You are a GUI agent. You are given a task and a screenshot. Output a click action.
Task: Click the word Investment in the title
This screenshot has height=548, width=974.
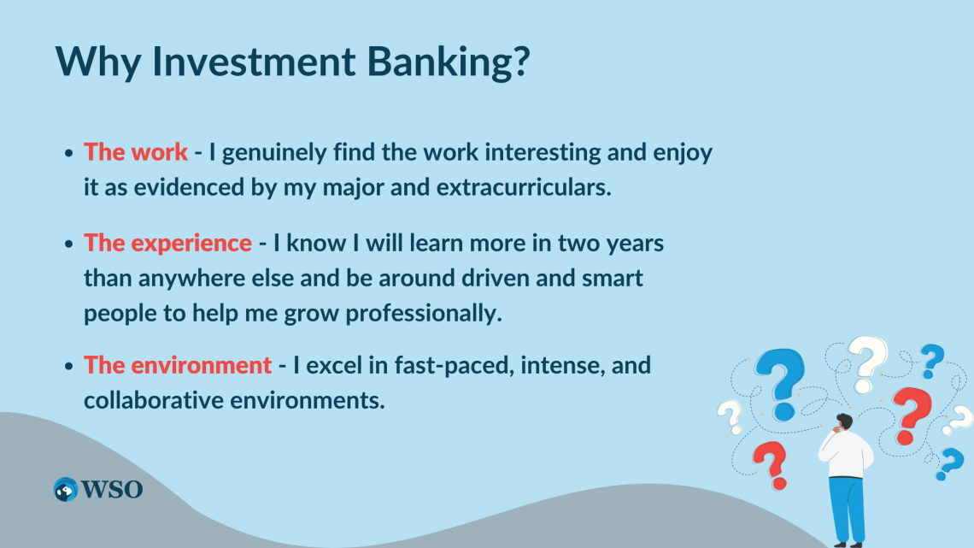pyautogui.click(x=254, y=61)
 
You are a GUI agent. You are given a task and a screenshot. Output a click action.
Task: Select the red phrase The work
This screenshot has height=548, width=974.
pyautogui.click(x=136, y=151)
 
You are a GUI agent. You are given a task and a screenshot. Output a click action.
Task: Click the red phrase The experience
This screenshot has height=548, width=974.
pyautogui.click(x=167, y=243)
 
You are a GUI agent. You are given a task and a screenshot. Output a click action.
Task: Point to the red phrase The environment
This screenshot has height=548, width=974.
pyautogui.click(x=178, y=365)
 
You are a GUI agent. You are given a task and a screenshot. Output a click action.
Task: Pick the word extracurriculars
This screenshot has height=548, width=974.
pyautogui.click(x=524, y=187)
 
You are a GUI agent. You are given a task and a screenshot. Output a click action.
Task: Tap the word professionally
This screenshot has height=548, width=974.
pyautogui.click(x=424, y=314)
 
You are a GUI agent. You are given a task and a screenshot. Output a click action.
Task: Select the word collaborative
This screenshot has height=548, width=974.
pyautogui.click(x=154, y=400)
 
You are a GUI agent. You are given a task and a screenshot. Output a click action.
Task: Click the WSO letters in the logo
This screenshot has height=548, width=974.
pyautogui.click(x=112, y=490)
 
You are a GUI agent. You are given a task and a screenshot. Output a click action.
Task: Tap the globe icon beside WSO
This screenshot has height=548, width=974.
pyautogui.click(x=66, y=490)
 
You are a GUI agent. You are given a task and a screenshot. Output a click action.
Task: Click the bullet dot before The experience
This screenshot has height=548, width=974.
pyautogui.click(x=69, y=244)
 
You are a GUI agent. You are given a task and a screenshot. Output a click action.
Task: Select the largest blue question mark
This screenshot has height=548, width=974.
pyautogui.click(x=780, y=384)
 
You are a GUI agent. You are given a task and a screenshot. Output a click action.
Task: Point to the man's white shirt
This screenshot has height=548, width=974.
pyautogui.click(x=846, y=454)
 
